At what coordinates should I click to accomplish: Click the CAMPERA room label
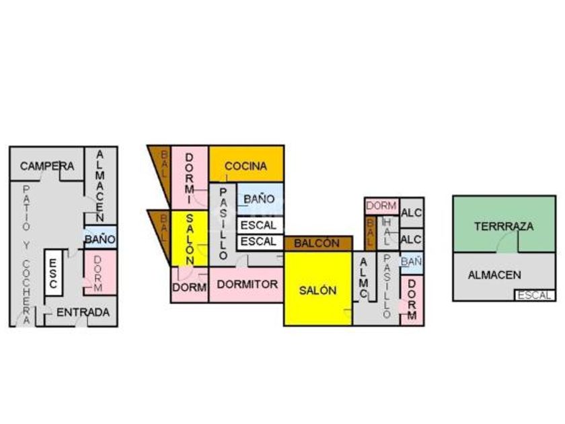(46, 166)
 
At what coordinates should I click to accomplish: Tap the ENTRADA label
(83, 312)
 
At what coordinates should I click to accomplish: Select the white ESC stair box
(54, 273)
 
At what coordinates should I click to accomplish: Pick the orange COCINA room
(246, 165)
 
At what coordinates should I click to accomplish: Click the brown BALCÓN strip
(317, 244)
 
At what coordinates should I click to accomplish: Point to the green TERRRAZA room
(504, 225)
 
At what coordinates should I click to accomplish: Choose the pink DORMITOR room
(247, 285)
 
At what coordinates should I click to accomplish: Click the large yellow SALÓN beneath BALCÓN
(317, 290)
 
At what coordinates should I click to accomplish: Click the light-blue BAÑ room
(411, 261)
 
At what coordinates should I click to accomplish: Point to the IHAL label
(386, 231)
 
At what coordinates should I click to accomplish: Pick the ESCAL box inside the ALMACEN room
(535, 295)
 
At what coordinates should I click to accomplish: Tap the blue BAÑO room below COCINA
(259, 199)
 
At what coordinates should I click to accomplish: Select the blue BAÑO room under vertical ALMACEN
(100, 238)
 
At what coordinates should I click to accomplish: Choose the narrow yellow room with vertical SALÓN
(189, 239)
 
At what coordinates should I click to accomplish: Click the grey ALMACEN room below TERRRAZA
(494, 275)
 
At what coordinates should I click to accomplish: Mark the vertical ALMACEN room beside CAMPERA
(100, 185)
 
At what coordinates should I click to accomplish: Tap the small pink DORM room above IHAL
(381, 206)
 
